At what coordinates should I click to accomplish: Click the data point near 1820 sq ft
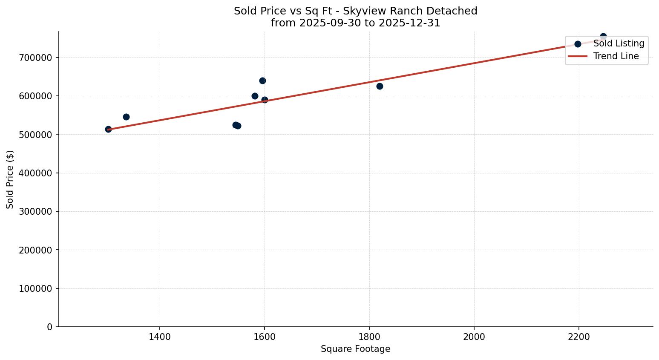[x=380, y=86]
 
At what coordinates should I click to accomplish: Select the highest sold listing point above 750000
[x=603, y=37]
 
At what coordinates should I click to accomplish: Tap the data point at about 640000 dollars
[x=262, y=81]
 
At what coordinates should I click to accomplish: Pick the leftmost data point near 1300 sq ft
[x=108, y=129]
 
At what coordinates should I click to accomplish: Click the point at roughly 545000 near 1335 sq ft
[x=126, y=117]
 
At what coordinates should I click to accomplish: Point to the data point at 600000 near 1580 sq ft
[x=255, y=96]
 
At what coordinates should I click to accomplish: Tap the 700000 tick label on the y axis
[x=35, y=58]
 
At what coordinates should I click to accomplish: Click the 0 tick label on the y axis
[x=49, y=327]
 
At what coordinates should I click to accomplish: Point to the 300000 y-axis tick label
[x=35, y=211]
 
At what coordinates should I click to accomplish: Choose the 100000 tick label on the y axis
[x=35, y=288]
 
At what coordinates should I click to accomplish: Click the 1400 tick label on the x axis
[x=160, y=337]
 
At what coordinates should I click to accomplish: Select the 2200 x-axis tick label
[x=579, y=337]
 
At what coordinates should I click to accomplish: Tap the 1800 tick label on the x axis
[x=369, y=337]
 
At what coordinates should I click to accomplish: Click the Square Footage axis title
[x=355, y=349]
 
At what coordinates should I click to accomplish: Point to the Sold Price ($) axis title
[x=10, y=179]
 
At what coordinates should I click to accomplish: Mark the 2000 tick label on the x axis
[x=474, y=337]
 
